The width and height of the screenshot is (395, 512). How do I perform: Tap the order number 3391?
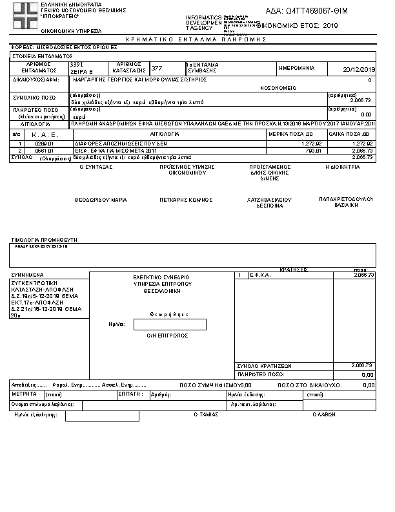click(x=77, y=65)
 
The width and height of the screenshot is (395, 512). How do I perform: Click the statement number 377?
click(x=157, y=68)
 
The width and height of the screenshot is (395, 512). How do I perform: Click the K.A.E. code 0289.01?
click(x=43, y=143)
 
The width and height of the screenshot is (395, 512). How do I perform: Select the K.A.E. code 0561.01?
click(x=43, y=149)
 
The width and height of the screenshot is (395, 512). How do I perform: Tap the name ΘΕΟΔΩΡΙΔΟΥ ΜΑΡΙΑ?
click(x=100, y=200)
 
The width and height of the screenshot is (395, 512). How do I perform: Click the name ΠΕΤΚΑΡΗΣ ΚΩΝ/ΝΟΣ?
click(x=187, y=200)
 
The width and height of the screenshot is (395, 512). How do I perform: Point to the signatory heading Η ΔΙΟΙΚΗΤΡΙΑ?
click(x=342, y=167)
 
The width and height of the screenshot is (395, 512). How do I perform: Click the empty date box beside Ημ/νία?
click(x=170, y=325)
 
